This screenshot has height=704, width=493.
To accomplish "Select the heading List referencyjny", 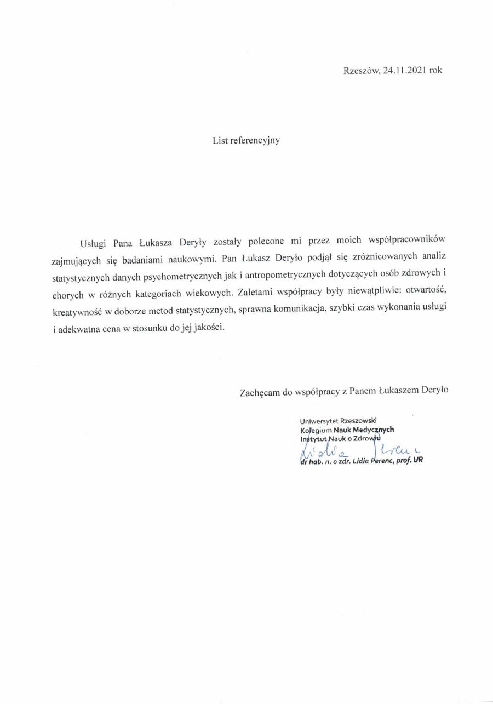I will point(246,140).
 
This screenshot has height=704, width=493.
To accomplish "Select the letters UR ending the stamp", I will point(417,461).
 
